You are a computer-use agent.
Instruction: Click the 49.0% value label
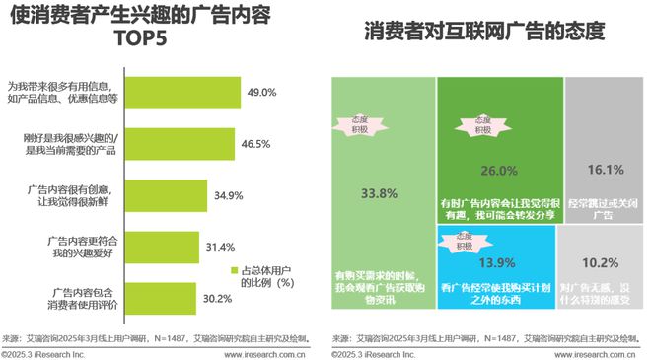point(261,92)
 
